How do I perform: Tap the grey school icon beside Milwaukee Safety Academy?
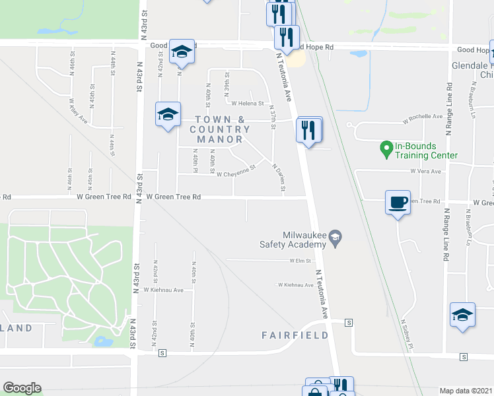pyautogui.click(x=335, y=238)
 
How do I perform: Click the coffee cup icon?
pyautogui.click(x=398, y=202)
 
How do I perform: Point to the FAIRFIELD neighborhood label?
pyautogui.click(x=295, y=335)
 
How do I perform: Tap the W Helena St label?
pyautogui.click(x=247, y=104)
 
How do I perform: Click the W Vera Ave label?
pyautogui.click(x=424, y=171)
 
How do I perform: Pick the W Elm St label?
pyautogui.click(x=300, y=261)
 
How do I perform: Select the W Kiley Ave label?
pyautogui.click(x=78, y=112)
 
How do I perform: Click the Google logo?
pyautogui.click(x=22, y=388)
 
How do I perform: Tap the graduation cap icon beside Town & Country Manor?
pyautogui.click(x=168, y=114)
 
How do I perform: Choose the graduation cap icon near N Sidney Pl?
pyautogui.click(x=462, y=315)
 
